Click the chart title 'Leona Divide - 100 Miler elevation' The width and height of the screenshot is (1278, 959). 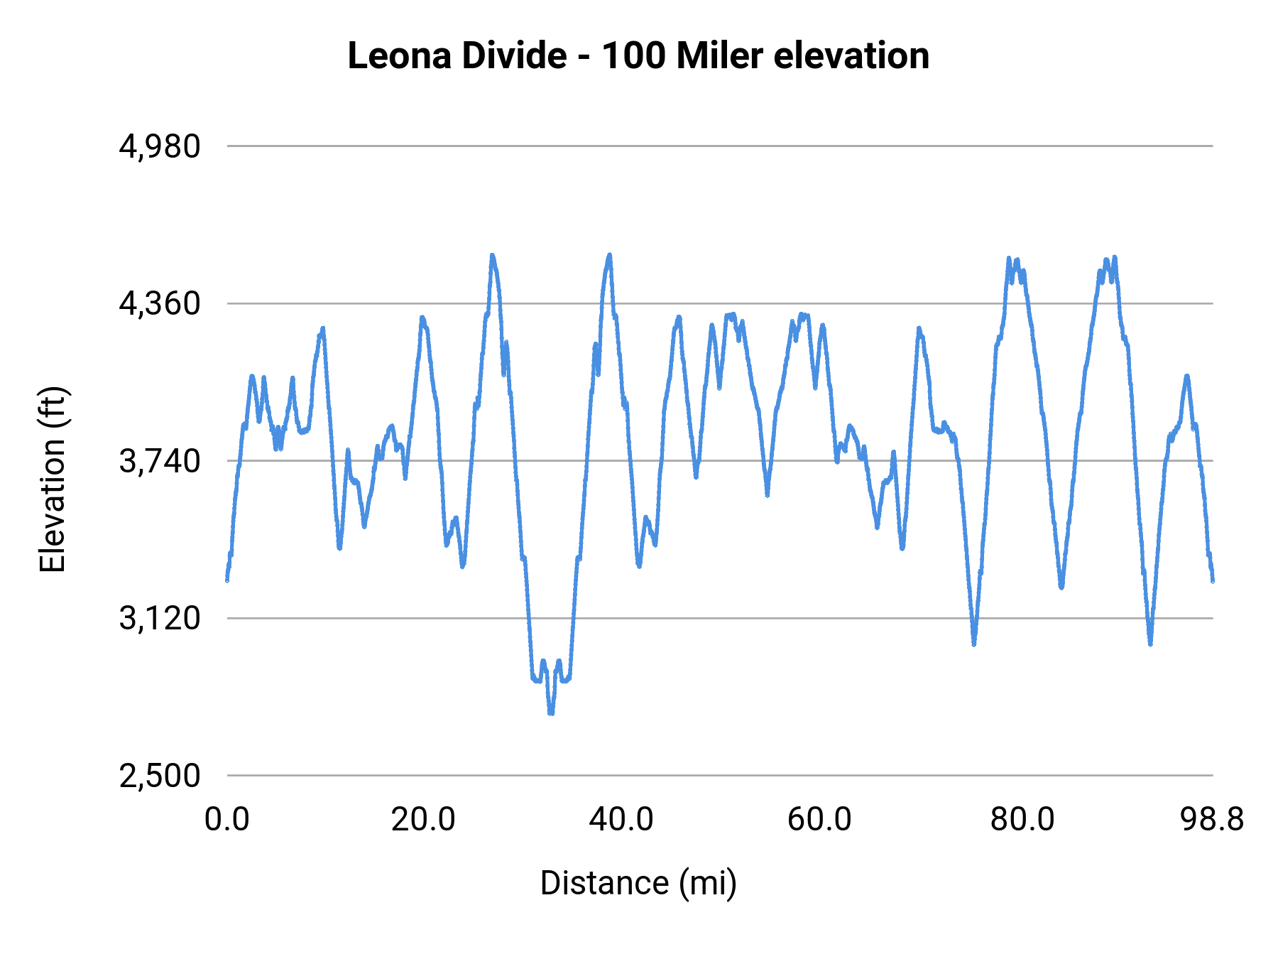(638, 55)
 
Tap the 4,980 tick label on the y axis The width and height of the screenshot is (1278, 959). (160, 146)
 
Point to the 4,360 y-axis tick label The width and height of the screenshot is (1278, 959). (160, 304)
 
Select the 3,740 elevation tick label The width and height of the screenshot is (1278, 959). (160, 461)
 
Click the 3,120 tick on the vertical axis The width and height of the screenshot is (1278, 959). (160, 619)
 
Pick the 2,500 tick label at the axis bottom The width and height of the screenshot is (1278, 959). (160, 776)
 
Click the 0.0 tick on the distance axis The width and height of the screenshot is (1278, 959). (227, 820)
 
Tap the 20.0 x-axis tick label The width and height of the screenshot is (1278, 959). (423, 820)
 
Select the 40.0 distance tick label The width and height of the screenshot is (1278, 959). (621, 820)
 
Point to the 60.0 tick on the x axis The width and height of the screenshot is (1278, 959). (819, 820)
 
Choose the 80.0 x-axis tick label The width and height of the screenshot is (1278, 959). (1022, 820)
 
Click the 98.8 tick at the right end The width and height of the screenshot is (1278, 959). (1212, 820)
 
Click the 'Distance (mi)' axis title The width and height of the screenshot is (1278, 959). (638, 883)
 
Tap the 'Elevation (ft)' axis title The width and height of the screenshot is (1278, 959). (53, 479)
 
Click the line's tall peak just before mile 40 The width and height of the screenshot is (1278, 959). (609, 255)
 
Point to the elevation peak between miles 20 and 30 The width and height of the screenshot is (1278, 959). (492, 256)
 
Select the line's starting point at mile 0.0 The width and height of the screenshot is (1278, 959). (227, 580)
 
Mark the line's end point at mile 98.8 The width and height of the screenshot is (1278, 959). (1213, 580)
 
